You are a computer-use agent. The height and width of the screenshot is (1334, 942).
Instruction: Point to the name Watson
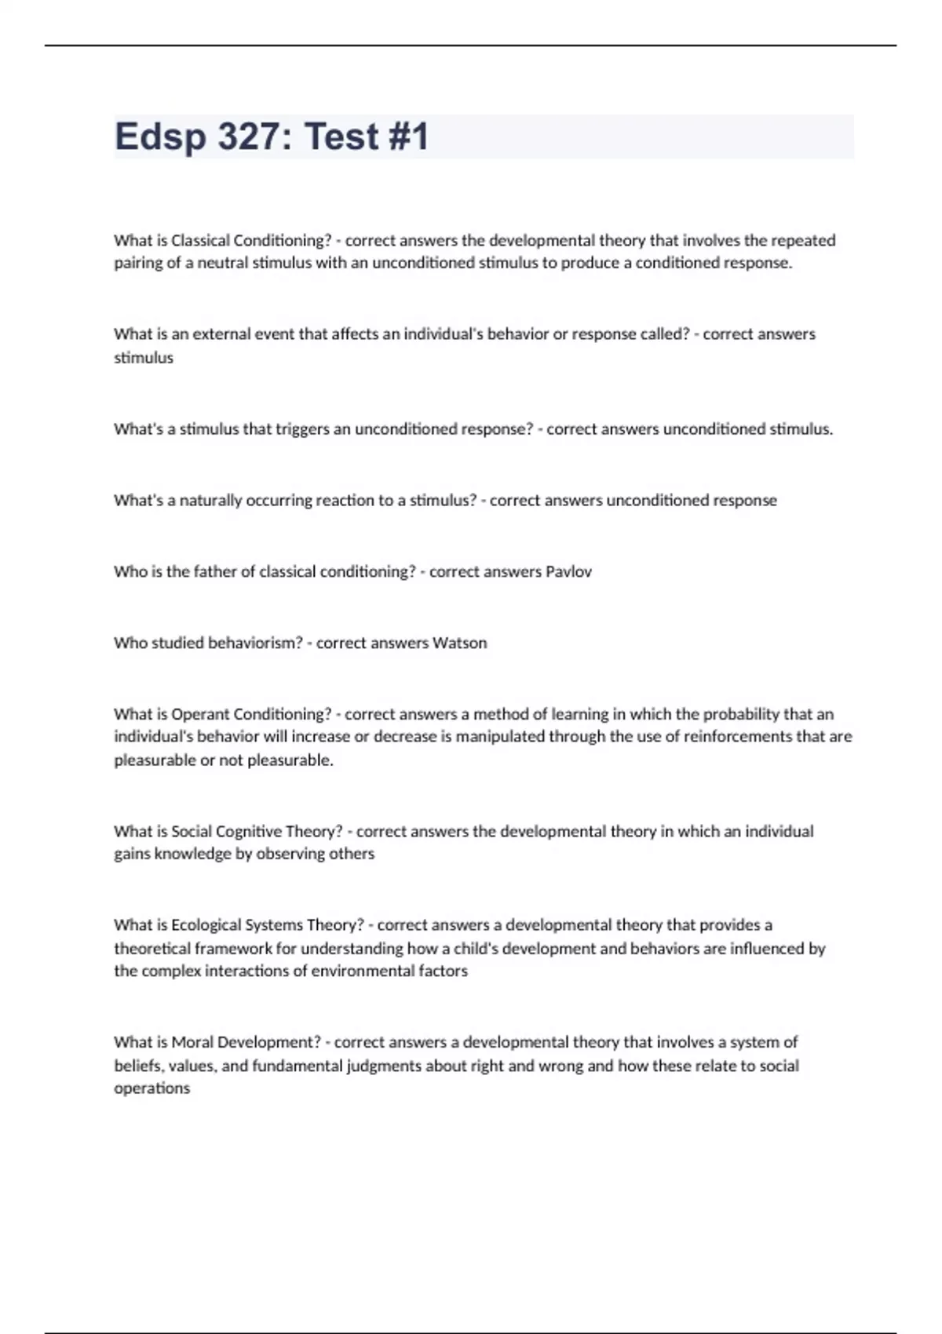pos(460,643)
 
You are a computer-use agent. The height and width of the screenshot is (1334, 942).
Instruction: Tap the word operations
pos(152,1088)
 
